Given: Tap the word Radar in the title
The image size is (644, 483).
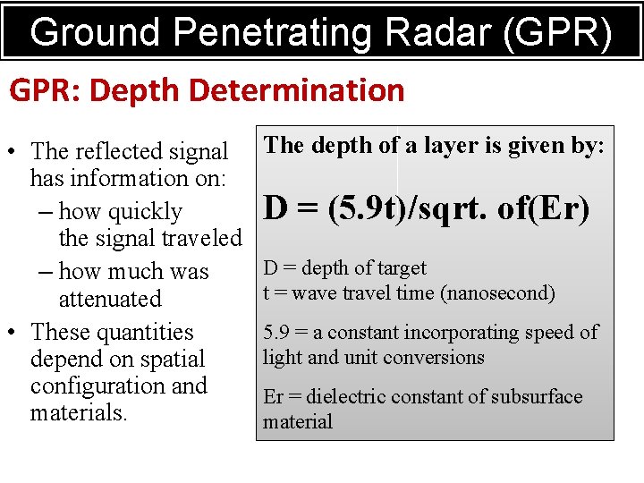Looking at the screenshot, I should pyautogui.click(x=413, y=32).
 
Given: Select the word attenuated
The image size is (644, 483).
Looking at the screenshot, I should pyautogui.click(x=110, y=299).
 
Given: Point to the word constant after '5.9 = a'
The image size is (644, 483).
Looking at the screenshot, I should pyautogui.click(x=364, y=333).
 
